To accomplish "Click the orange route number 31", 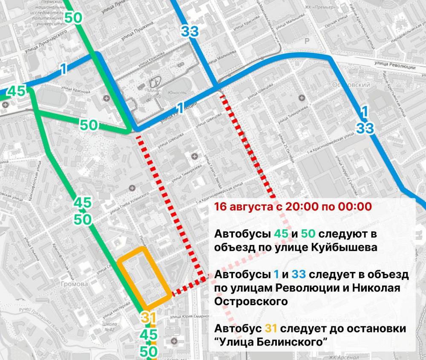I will (147, 317).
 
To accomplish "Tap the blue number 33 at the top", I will (190, 31).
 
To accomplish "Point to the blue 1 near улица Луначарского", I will (63, 69).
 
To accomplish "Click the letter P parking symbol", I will (306, 41).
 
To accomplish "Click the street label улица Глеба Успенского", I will (129, 203).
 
